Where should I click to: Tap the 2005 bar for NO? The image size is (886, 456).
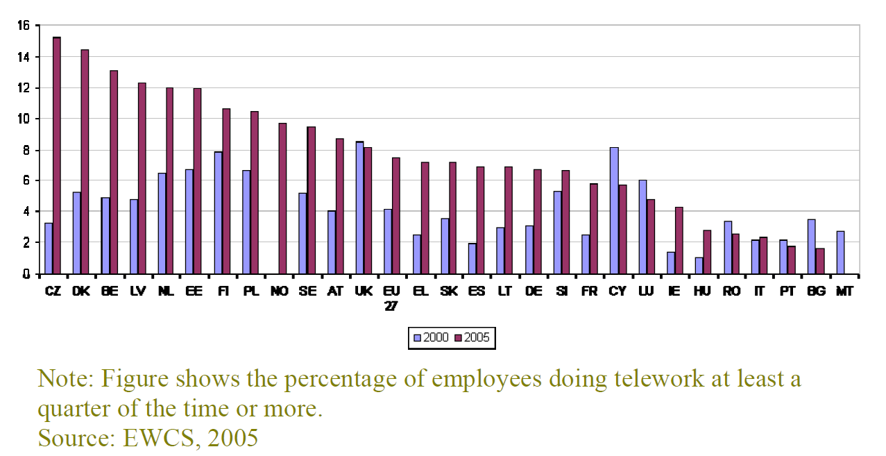point(282,198)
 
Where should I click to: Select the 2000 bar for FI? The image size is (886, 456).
point(217,212)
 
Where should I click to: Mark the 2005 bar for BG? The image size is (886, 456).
point(819,260)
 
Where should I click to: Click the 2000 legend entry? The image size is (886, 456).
point(431,338)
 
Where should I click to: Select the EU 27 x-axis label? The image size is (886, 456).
point(391,298)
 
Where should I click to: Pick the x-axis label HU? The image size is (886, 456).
point(702,292)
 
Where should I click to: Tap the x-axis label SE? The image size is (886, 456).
point(307,292)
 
